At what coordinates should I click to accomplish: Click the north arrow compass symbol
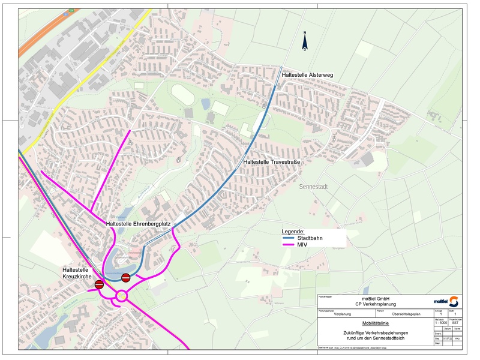305,41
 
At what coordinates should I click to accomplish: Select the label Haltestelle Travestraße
271,162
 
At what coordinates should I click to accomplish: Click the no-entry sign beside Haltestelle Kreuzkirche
99,284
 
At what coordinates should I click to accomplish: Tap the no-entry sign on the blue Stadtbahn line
126,277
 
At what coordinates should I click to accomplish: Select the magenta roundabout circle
122,295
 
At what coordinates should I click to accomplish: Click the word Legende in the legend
293,231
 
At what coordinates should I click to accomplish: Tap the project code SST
455,323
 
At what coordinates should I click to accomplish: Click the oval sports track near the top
184,93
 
